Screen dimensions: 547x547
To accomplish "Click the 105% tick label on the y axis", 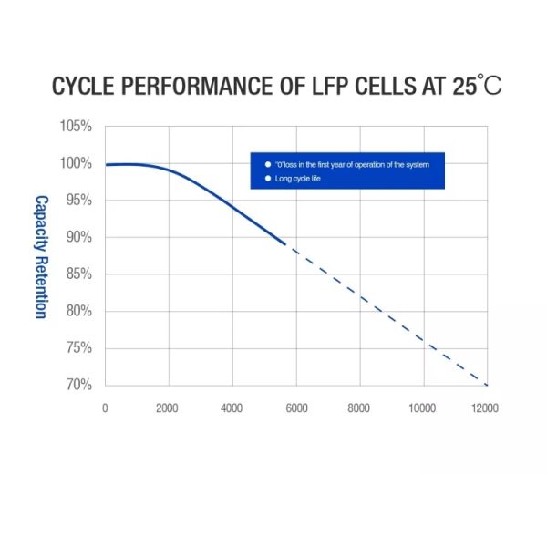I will click(77, 126).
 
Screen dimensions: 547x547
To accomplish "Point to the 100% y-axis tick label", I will click(77, 163).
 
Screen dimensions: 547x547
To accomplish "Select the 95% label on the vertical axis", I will click(78, 200).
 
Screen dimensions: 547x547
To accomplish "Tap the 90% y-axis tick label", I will click(78, 237).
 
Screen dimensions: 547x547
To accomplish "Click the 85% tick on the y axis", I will click(78, 273).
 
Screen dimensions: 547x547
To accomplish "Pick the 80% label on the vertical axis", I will click(78, 311).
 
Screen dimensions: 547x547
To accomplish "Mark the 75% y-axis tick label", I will click(78, 347).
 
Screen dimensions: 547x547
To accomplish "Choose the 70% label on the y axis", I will click(78, 385).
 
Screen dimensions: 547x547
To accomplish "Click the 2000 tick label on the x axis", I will click(167, 408).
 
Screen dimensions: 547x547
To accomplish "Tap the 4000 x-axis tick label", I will click(231, 408).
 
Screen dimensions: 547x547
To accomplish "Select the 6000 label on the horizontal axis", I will click(294, 408).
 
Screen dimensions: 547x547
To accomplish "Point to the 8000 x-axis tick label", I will click(358, 408).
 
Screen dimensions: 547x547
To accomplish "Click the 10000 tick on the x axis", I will click(422, 408).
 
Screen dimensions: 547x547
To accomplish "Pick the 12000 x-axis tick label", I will click(484, 408).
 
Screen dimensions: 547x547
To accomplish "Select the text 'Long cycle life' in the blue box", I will click(297, 179).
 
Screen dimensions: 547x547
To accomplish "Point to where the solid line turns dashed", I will click(285, 244).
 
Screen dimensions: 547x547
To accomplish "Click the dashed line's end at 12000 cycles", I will click(488, 385).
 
